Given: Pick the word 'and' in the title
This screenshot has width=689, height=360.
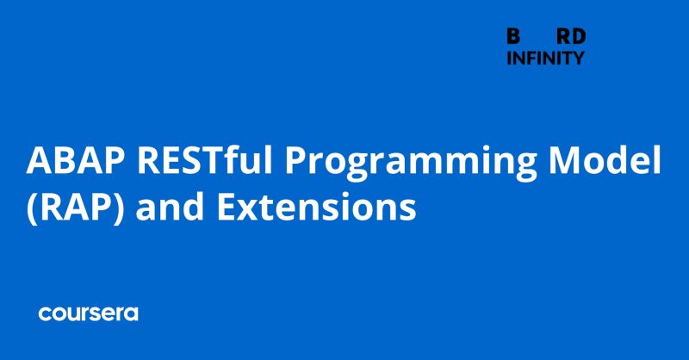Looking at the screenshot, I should pyautogui.click(x=160, y=208).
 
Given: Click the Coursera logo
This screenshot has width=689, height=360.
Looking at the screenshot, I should pyautogui.click(x=88, y=313).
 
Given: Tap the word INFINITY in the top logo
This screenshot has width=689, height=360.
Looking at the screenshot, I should pyautogui.click(x=545, y=59).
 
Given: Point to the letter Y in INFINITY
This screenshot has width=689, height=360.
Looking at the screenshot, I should pyautogui.click(x=579, y=59).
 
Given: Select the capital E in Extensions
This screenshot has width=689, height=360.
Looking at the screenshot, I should pyautogui.click(x=217, y=208).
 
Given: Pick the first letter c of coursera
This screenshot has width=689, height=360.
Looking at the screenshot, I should pyautogui.click(x=44, y=314).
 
